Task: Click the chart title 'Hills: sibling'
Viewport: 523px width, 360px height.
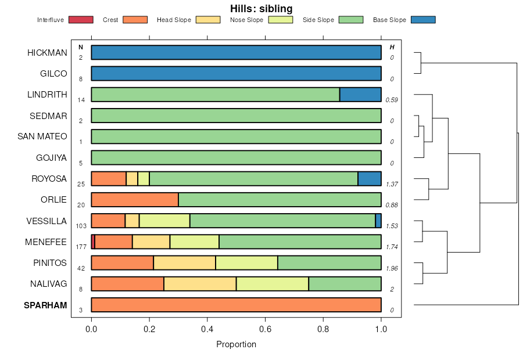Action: (261, 9)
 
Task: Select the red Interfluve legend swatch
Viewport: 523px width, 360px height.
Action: (81, 20)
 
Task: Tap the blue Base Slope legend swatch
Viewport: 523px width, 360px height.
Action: (422, 20)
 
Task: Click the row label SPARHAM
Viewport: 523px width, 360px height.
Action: (46, 305)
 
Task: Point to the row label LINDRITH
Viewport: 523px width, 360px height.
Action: (48, 95)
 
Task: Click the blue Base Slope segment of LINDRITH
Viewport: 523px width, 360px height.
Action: (360, 95)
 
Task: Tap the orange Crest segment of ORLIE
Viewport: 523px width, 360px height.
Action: (135, 200)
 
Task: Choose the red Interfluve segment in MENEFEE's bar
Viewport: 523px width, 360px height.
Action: (93, 242)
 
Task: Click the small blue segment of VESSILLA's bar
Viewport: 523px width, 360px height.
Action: (378, 221)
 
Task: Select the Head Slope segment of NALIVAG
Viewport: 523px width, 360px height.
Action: (200, 284)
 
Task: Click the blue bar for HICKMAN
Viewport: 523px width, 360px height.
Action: (236, 52)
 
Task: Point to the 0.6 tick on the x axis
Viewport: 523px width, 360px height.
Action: (265, 329)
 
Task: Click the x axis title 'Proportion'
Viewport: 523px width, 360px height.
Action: (236, 344)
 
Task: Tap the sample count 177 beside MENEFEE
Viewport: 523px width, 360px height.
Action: (81, 247)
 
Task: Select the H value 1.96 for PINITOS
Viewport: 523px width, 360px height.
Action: (392, 268)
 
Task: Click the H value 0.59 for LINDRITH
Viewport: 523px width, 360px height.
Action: (392, 100)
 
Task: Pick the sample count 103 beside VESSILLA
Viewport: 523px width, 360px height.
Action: (81, 226)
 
